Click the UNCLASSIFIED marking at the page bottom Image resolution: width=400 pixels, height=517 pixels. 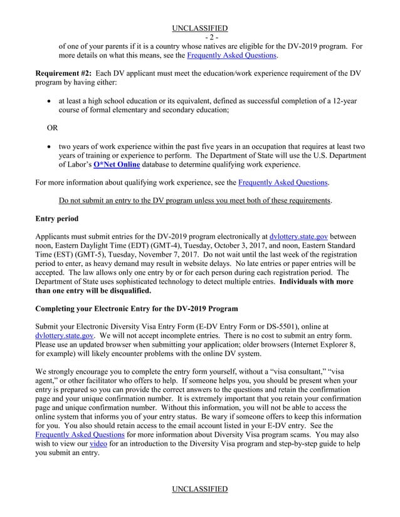click(x=200, y=489)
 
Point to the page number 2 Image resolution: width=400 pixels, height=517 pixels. click(x=200, y=37)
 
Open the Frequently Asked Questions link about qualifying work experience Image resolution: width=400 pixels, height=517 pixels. click(x=283, y=183)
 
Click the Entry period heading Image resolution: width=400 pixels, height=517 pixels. click(x=62, y=219)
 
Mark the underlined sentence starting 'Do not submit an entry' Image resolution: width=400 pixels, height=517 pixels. click(x=195, y=201)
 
